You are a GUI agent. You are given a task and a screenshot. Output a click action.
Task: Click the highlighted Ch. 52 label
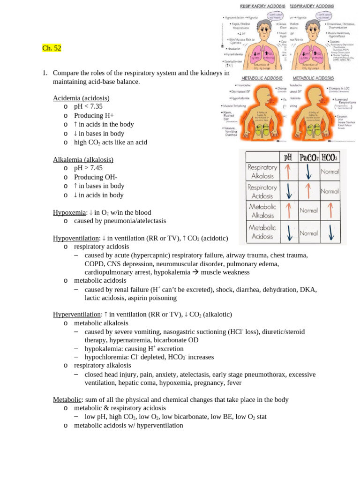tap(52, 48)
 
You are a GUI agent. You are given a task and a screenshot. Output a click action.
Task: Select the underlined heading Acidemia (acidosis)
tap(81, 98)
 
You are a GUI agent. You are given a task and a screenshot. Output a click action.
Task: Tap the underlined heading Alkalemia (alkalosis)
tap(83, 159)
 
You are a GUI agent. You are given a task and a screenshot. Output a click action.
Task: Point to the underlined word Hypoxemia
tap(69, 212)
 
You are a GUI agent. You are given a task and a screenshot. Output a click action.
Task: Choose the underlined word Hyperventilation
tap(78, 314)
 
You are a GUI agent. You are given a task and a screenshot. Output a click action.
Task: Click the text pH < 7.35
tap(88, 106)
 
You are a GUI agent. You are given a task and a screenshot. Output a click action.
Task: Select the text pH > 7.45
tap(88, 168)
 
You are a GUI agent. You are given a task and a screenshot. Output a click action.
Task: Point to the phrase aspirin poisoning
tap(153, 298)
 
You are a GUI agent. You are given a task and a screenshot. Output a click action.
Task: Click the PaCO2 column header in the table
tap(308, 157)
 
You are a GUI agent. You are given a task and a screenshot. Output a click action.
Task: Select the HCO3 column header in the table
tap(330, 157)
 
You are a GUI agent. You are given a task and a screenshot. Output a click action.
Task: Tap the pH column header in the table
tap(288, 157)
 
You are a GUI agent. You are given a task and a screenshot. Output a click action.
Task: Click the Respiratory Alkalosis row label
tap(262, 172)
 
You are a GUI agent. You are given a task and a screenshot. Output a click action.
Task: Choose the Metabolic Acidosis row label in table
tap(262, 232)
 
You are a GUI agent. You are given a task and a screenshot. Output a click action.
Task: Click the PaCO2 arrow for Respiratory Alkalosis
tap(308, 172)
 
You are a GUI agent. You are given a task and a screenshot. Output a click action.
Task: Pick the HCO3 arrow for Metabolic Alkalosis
tap(330, 210)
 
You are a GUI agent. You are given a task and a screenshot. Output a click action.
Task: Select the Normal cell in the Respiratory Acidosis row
tap(330, 191)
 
